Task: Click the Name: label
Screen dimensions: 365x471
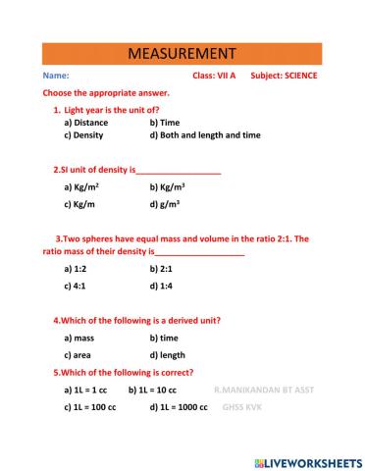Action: [56, 76]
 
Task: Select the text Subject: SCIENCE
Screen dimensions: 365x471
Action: [284, 76]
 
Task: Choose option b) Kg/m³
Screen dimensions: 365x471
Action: [168, 185]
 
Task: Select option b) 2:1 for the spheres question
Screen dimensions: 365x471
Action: [161, 268]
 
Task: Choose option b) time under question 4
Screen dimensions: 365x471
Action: [164, 338]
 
